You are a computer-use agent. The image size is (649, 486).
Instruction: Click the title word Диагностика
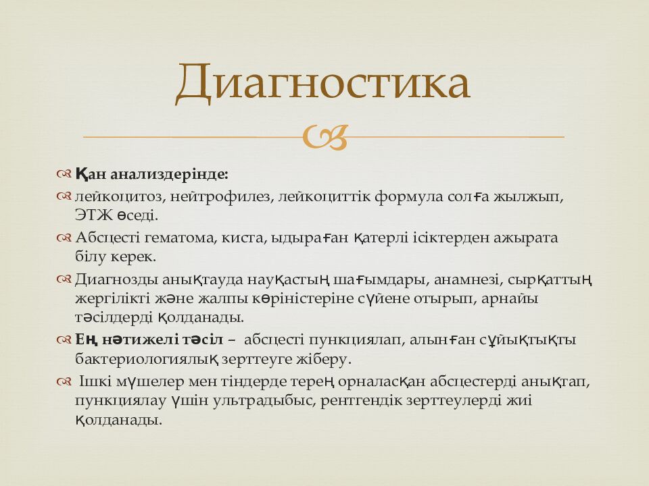click(x=322, y=84)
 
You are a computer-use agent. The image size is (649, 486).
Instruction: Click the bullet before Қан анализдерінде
click(x=64, y=175)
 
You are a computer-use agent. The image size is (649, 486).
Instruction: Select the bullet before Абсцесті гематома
click(x=64, y=238)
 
